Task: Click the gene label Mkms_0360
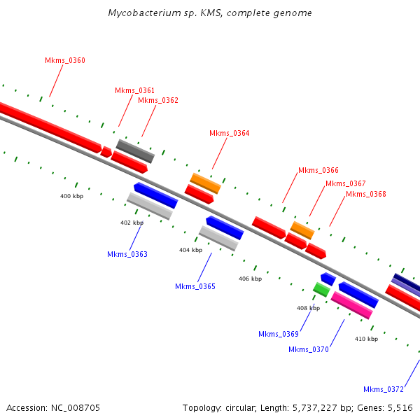click(65, 61)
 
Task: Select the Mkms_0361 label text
click(135, 91)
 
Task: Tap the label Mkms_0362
click(158, 101)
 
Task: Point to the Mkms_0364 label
click(230, 134)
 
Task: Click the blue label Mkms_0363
click(127, 255)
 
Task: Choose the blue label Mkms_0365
click(195, 287)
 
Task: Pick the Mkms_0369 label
click(279, 335)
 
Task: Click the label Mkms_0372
click(384, 390)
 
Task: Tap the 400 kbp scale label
click(71, 197)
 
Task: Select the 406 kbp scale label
click(250, 279)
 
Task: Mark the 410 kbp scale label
click(366, 339)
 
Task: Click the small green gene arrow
click(321, 288)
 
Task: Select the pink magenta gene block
click(351, 305)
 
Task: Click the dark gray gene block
click(135, 150)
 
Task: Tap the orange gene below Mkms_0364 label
click(206, 183)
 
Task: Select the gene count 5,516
click(401, 407)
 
